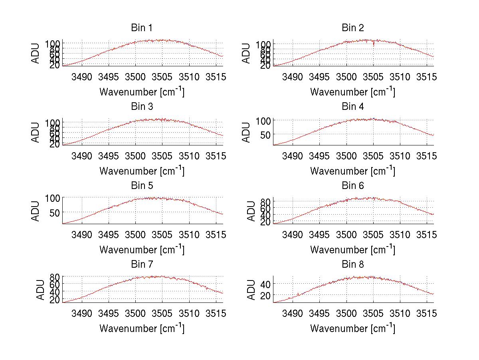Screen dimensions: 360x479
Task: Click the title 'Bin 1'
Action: pyautogui.click(x=141, y=28)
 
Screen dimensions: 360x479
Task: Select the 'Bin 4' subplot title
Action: pyautogui.click(x=353, y=107)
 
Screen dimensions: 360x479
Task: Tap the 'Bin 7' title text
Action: pyautogui.click(x=141, y=265)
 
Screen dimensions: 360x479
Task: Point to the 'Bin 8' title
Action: pyautogui.click(x=353, y=265)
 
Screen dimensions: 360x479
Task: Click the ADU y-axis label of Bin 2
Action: pyautogui.click(x=247, y=53)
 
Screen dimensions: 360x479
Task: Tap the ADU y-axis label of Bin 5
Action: pyautogui.click(x=36, y=211)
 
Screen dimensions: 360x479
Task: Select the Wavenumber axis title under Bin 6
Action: pyautogui.click(x=353, y=249)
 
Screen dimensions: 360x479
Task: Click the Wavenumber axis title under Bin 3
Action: pyautogui.click(x=142, y=171)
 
